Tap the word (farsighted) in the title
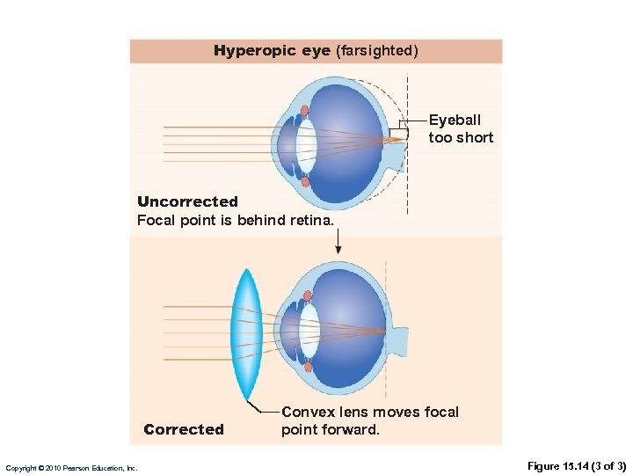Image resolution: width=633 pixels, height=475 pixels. click(376, 51)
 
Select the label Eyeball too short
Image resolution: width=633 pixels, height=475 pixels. click(461, 128)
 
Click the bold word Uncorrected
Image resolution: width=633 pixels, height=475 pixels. click(187, 201)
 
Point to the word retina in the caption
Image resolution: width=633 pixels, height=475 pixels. click(311, 220)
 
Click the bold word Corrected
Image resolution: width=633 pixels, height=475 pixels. click(184, 429)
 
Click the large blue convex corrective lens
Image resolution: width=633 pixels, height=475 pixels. click(246, 334)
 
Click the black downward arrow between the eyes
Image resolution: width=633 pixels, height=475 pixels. click(338, 242)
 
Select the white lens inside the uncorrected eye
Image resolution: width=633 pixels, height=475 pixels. click(306, 145)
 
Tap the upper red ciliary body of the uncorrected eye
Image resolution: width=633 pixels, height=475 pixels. click(304, 111)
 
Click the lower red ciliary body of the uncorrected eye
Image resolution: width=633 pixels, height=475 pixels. click(305, 181)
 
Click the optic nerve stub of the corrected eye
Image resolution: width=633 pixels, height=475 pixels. click(398, 340)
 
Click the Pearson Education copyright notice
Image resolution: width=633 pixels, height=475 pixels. click(71, 468)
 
